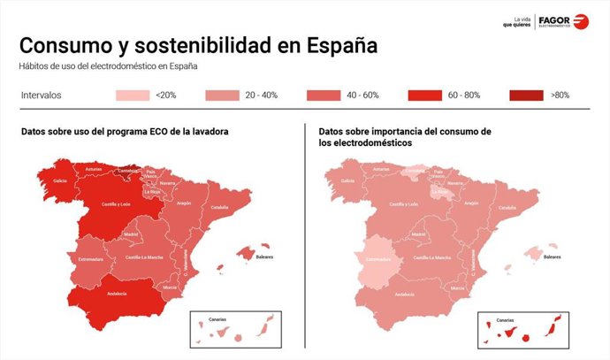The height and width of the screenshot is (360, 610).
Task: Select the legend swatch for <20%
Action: (x=132, y=95)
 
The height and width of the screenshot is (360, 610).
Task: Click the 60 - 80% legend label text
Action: (x=464, y=95)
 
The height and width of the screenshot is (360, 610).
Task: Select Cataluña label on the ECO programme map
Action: (x=219, y=208)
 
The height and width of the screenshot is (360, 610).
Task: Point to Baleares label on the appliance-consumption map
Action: (x=552, y=257)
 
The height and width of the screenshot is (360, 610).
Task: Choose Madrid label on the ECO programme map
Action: (x=132, y=234)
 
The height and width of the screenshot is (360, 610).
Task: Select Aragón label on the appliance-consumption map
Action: (x=471, y=203)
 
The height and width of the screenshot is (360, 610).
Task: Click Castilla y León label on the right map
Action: (x=404, y=204)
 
